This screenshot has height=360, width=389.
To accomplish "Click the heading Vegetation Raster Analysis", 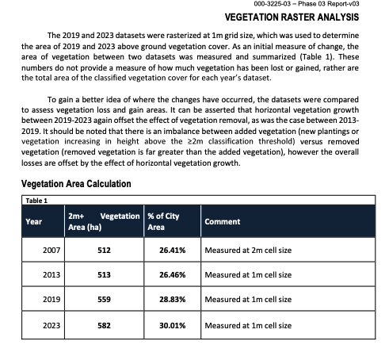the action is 292,17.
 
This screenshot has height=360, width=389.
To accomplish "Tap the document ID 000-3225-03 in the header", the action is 272,4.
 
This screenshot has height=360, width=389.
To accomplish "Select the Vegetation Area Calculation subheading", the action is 76,184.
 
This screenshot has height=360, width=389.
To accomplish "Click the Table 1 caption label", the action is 36,201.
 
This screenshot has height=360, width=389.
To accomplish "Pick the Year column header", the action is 34,221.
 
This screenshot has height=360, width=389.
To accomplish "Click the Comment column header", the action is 223,221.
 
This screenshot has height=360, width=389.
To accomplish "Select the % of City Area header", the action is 163,221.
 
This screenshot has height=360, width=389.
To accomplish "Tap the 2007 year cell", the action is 51,250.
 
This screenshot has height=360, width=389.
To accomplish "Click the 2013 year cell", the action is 51,274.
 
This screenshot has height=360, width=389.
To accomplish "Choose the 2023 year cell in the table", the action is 51,325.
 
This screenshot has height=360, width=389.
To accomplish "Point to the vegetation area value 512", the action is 104,250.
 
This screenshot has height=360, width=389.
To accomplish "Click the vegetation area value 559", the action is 104,299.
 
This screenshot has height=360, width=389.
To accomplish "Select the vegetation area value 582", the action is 104,325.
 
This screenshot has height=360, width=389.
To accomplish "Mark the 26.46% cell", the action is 173,274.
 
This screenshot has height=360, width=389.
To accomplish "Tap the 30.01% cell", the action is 173,325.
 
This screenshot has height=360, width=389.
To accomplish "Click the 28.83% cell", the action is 173,299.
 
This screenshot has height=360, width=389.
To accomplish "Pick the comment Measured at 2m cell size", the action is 248,250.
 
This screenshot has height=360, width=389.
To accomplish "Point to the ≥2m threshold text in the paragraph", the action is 195,142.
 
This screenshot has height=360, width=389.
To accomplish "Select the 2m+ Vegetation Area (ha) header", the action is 104,221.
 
